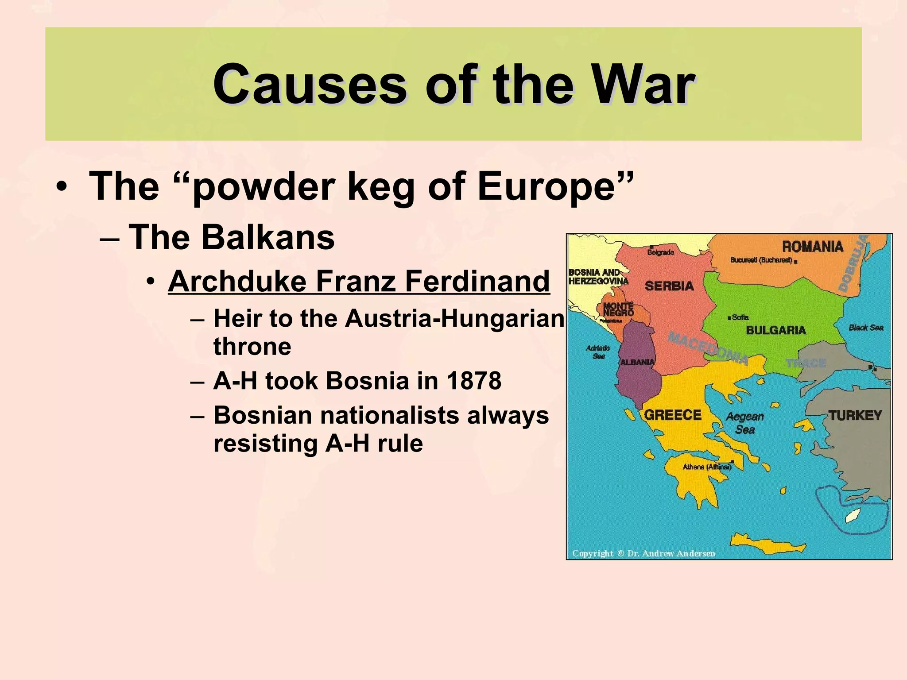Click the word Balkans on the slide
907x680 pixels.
[268, 237]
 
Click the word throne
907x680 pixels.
[252, 346]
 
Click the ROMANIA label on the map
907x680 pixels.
[812, 247]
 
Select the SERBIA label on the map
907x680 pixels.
[669, 286]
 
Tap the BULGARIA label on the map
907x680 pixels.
[776, 330]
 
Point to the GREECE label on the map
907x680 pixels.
[672, 415]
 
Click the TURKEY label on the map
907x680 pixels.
[855, 415]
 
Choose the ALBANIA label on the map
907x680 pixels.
[637, 362]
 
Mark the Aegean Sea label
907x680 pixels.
[745, 423]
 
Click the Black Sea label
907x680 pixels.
[866, 328]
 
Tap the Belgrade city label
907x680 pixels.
[661, 252]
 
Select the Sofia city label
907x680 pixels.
[740, 317]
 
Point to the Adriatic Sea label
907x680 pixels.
[598, 352]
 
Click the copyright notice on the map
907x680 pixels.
[643, 553]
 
